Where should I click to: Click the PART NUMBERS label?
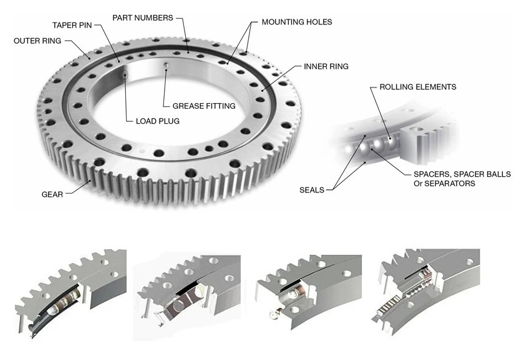pos(142,17)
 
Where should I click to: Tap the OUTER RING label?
pos(37,41)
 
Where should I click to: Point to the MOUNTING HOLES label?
pos(296,22)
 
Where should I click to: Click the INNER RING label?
pos(326,66)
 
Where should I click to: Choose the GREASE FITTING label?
pos(204,106)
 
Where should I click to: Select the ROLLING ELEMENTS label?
pos(417,87)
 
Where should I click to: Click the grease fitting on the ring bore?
pos(167,66)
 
